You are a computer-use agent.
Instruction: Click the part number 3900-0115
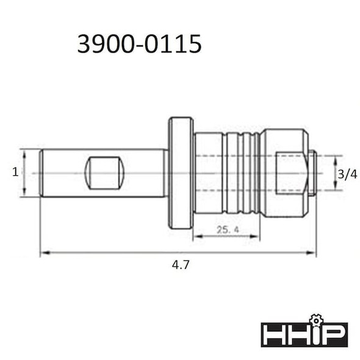click(x=139, y=44)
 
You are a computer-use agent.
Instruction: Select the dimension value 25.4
click(x=226, y=230)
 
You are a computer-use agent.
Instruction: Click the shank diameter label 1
click(x=15, y=173)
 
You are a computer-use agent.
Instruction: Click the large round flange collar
click(x=181, y=173)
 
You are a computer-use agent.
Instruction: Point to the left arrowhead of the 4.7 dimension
click(x=43, y=253)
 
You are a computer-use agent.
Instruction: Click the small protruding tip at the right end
click(x=312, y=173)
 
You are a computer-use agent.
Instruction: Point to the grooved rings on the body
click(x=241, y=173)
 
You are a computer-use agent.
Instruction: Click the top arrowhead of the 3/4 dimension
click(x=334, y=156)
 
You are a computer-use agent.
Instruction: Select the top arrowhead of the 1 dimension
click(x=23, y=151)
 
